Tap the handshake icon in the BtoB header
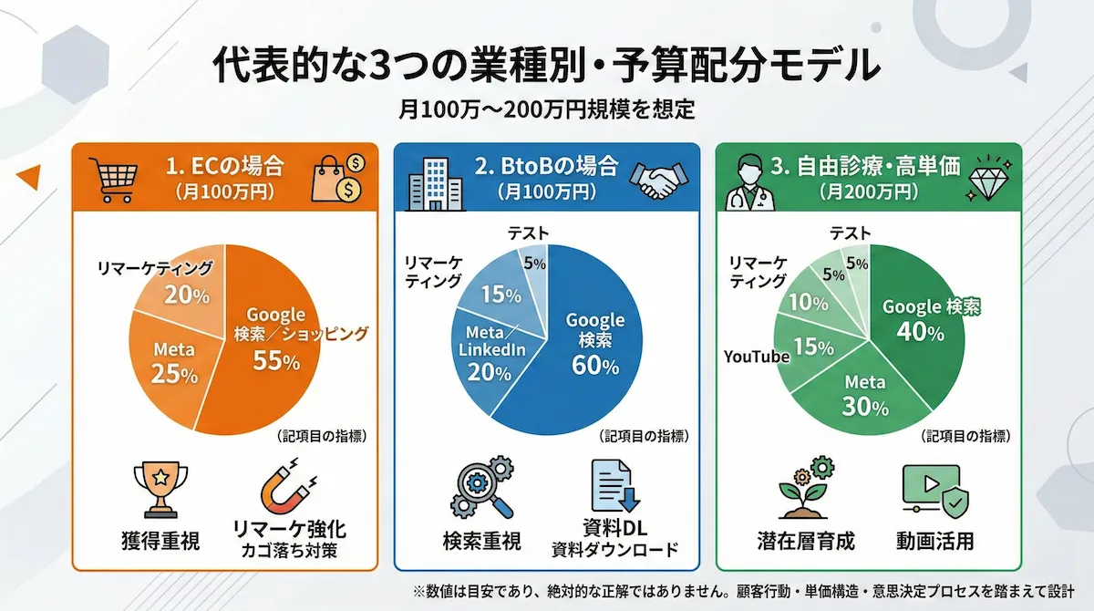pos(657,178)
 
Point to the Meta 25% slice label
pos(175,361)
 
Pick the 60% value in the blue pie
pos(595,366)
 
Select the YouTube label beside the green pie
pos(757,357)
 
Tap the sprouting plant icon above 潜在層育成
pos(806,489)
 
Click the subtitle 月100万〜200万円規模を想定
pos(547,109)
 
